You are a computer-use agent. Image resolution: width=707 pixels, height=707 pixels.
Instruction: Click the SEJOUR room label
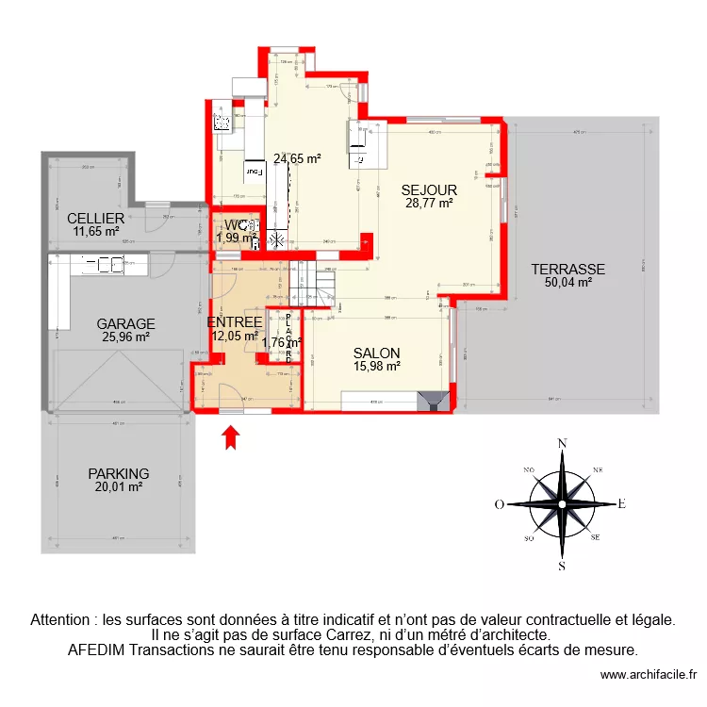point(429,189)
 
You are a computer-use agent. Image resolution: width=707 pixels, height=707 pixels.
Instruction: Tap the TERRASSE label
point(567,269)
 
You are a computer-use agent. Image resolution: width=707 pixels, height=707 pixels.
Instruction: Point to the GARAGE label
point(125,323)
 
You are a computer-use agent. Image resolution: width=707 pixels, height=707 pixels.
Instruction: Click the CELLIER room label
point(96,218)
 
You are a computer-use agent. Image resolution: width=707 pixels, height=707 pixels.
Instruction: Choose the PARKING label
point(119,473)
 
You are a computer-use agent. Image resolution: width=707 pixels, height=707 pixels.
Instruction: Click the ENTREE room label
point(234,321)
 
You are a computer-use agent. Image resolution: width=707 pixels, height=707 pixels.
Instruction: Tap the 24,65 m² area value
point(297,158)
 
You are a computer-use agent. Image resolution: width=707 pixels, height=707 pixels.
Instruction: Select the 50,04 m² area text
point(567,281)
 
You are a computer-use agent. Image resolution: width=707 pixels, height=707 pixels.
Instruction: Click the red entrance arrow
point(232,436)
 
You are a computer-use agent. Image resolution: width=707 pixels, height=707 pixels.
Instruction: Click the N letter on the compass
point(562,442)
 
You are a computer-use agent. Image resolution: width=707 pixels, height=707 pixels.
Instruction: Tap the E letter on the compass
point(622,503)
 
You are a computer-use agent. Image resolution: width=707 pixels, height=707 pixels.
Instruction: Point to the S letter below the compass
point(562,566)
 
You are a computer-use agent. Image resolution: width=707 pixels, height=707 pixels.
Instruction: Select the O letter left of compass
point(500,504)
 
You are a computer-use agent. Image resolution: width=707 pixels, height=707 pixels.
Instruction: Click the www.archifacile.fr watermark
point(647,675)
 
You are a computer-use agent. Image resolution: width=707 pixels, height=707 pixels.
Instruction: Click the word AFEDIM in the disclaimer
point(95,649)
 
